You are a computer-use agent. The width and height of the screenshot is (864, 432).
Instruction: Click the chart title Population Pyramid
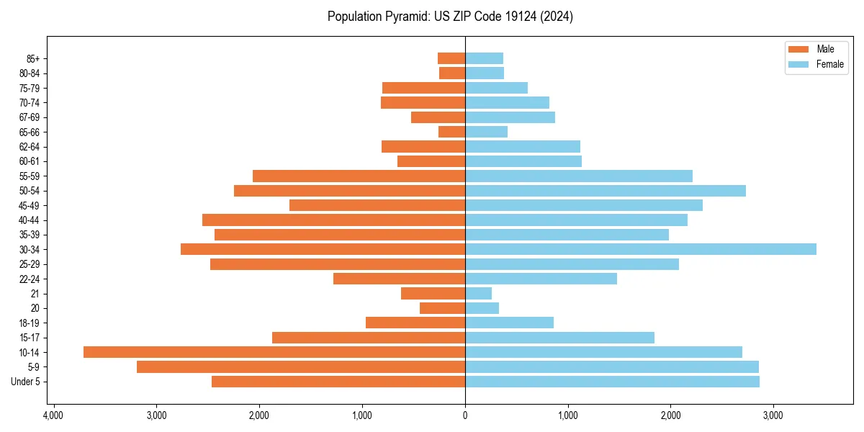(x=450, y=17)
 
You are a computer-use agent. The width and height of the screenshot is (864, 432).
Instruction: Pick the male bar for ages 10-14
(x=274, y=352)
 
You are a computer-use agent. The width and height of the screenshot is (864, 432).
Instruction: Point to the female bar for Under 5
(x=612, y=382)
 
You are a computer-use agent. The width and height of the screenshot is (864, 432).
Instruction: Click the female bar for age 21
(x=479, y=293)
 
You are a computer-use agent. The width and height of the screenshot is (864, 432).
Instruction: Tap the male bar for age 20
(x=443, y=308)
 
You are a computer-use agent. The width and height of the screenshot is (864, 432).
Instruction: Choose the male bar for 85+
(x=451, y=58)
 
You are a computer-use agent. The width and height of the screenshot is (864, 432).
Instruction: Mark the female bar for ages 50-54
(x=606, y=191)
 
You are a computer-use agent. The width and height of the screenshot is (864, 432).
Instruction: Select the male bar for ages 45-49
(x=377, y=205)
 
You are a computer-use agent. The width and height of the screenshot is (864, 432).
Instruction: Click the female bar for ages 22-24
(x=541, y=279)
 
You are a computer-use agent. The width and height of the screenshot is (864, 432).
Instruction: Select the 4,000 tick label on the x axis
(x=53, y=415)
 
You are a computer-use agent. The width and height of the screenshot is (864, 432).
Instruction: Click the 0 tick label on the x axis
(x=465, y=415)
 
